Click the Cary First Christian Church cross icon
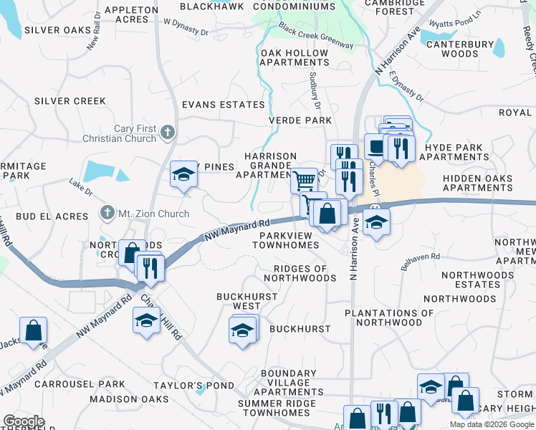point(168,132)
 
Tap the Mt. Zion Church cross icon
point(107,213)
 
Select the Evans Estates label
point(223,105)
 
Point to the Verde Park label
point(300,120)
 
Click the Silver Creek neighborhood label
point(70,101)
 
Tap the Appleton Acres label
point(131,15)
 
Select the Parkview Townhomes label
point(285,240)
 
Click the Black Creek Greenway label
point(316,36)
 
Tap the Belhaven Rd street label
point(420,262)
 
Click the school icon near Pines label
point(183,174)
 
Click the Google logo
point(24,421)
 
